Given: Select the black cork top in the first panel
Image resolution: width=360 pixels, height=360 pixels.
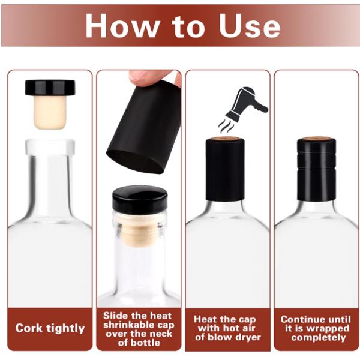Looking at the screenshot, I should pos(50,88).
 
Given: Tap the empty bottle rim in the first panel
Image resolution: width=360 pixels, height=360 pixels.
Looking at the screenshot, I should pos(50,146).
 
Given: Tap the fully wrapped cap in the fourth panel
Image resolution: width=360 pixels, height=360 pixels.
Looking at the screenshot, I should pos(316,171).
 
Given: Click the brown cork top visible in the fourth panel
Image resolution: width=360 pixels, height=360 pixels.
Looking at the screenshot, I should pos(316,139).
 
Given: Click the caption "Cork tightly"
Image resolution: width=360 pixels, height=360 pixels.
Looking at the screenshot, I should pos(50,328).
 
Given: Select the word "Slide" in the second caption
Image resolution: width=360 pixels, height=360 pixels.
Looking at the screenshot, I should pos(118,316).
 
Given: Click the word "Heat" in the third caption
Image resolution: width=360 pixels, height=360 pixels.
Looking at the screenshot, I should pos(208,320).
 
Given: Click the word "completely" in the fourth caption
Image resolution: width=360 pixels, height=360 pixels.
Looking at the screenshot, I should pos(318,337).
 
